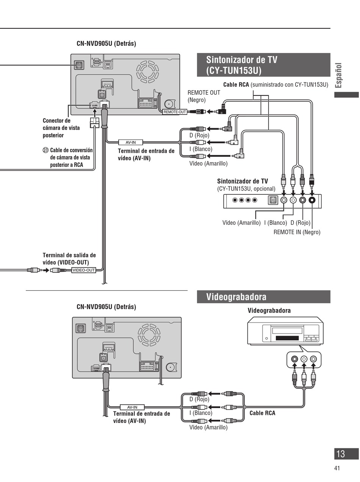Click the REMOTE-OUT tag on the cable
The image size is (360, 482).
(x=175, y=112)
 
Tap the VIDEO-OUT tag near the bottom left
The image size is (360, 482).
(x=84, y=270)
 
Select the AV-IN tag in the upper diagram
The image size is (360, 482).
(x=131, y=142)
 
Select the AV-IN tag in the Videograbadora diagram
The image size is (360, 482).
(x=132, y=407)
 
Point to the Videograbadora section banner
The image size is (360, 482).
(x=263, y=297)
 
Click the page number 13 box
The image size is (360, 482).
(x=346, y=454)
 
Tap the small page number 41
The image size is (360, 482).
(x=337, y=468)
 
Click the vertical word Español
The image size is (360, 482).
(x=338, y=75)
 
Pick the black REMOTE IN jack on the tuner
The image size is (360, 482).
(x=312, y=200)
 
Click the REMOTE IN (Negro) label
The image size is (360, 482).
(x=297, y=232)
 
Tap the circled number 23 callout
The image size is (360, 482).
(x=45, y=150)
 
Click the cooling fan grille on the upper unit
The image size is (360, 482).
(x=147, y=72)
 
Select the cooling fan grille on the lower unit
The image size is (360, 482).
(x=149, y=335)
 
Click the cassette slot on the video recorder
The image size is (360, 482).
(x=287, y=338)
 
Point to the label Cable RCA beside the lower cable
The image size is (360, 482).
(x=262, y=413)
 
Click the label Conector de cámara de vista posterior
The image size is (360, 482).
(x=61, y=128)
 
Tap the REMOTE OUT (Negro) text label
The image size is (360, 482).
(x=204, y=96)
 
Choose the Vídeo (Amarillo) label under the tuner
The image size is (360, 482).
(x=241, y=223)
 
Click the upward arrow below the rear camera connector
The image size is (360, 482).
(x=95, y=113)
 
